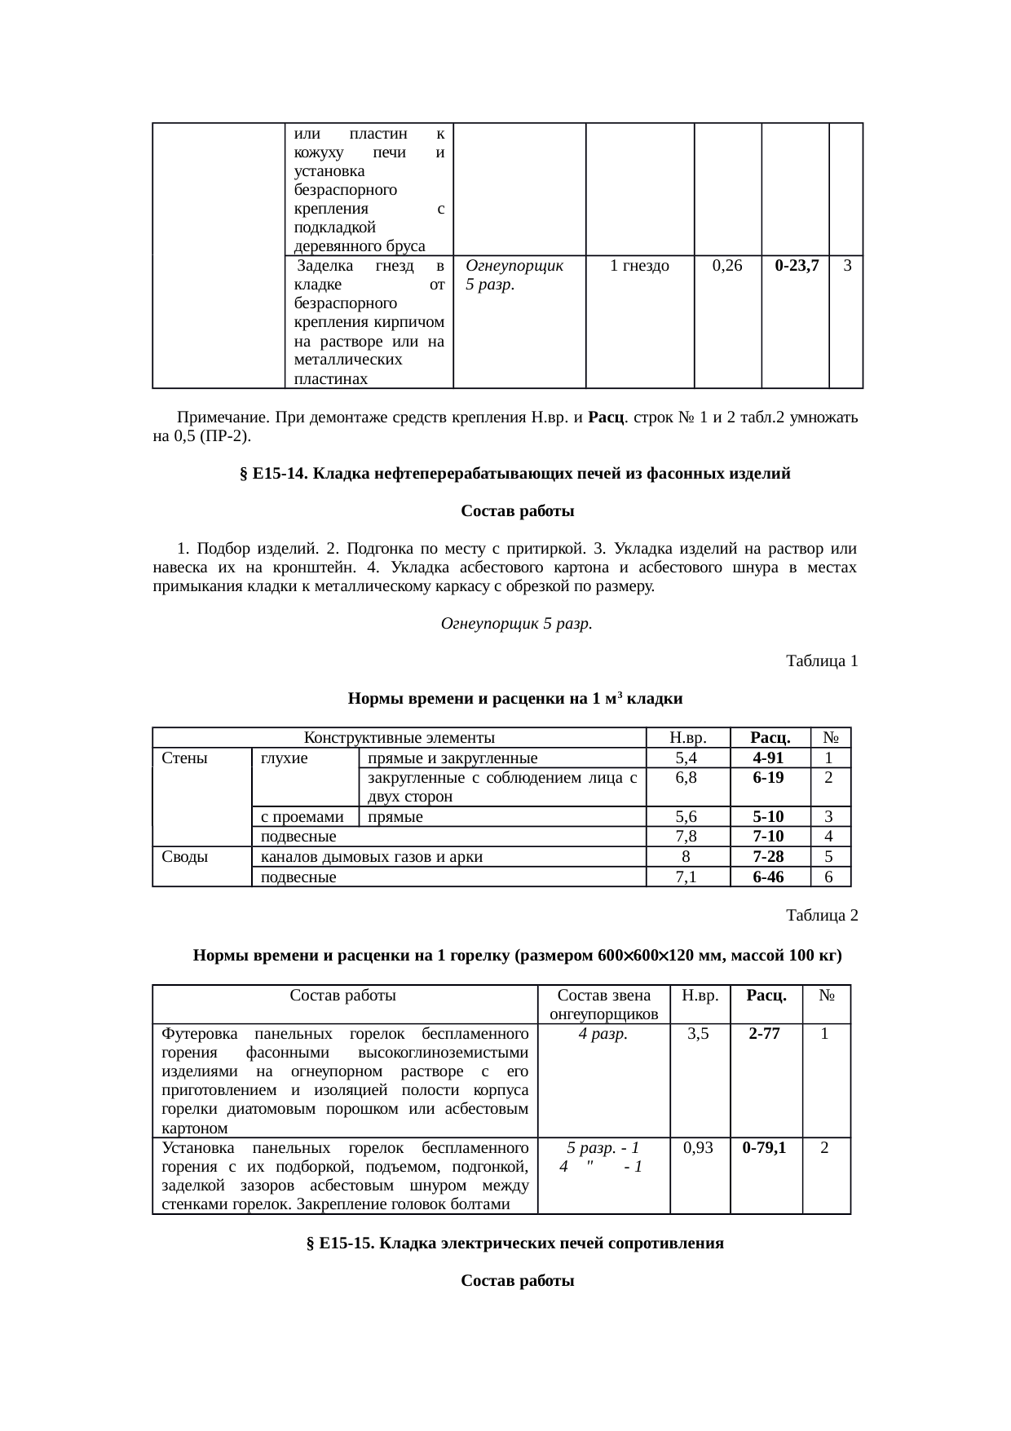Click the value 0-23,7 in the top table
[797, 265]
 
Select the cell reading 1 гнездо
[639, 265]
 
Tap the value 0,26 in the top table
[726, 265]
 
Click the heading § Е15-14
[514, 474]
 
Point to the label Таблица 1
[821, 661]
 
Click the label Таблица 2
[821, 916]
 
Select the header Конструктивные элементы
[400, 738]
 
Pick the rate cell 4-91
[768, 758]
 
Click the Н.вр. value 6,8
[687, 778]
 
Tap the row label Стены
[185, 758]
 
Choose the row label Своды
[185, 857]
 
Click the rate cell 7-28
[768, 857]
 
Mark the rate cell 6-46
[768, 877]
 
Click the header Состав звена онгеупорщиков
[603, 1005]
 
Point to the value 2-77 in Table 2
[764, 1034]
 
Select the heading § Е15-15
[514, 1243]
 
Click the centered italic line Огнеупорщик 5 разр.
[516, 624]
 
